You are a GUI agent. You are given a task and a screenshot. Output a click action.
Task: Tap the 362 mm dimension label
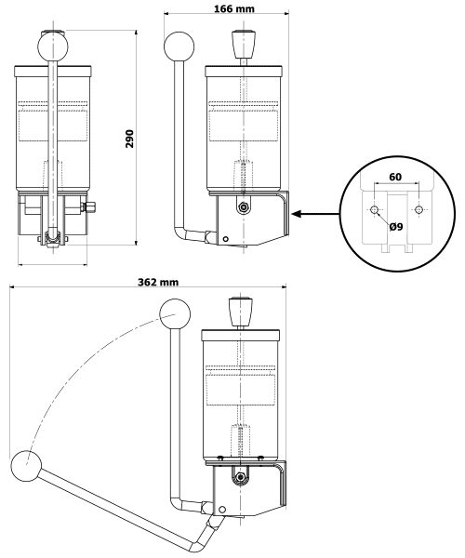coord(155,280)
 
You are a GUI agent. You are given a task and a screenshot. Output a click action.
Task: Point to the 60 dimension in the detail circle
coord(396,175)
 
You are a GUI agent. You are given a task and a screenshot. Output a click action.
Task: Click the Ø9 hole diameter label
coord(395,226)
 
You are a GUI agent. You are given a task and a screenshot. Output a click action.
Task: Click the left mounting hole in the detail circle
coord(375,210)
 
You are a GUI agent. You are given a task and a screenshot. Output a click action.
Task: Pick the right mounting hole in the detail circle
coord(418,210)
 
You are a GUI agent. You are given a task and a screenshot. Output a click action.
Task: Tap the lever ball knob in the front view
coord(52,45)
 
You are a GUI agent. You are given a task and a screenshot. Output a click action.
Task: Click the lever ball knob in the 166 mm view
coord(178,46)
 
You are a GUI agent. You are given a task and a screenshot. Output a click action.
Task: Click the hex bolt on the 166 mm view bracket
coord(243,207)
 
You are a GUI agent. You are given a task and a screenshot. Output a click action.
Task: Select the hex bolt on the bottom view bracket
coord(242,478)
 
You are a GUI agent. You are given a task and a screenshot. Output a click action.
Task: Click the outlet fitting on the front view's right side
coord(92,207)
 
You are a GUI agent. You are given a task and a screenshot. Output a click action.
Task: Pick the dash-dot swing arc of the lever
coord(74,372)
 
